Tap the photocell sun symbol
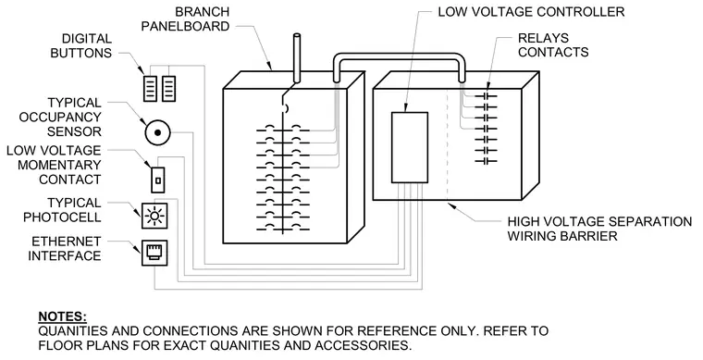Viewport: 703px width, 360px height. point(154,217)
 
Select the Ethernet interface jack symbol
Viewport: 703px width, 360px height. point(154,253)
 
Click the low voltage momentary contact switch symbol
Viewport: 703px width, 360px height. point(158,180)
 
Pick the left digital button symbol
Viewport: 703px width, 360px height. point(150,88)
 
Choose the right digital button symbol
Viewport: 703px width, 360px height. point(168,88)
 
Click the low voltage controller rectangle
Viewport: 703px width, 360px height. point(410,147)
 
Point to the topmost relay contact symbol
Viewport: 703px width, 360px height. point(486,96)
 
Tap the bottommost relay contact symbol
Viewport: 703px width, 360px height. point(486,161)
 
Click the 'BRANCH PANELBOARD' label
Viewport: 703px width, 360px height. point(185,19)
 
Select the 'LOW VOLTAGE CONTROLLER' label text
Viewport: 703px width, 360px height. point(531,12)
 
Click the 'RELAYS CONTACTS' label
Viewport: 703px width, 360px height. point(553,44)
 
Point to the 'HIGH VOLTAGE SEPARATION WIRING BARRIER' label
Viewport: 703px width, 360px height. point(599,229)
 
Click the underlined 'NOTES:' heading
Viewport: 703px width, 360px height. point(63,317)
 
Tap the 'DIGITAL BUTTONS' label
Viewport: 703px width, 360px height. point(81,45)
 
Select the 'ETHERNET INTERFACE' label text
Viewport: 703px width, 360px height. point(65,249)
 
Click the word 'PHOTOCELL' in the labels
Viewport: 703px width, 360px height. point(62,217)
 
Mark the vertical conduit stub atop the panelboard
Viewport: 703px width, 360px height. point(296,58)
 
